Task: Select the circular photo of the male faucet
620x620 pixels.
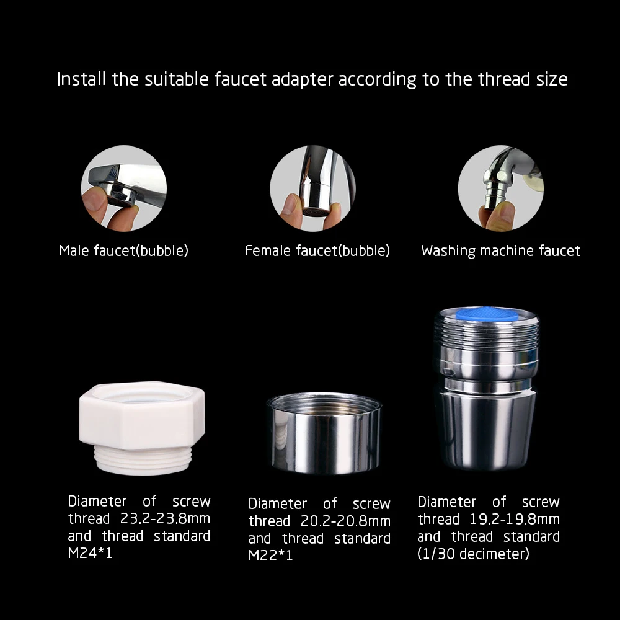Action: click(x=124, y=188)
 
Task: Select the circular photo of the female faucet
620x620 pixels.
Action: click(x=312, y=188)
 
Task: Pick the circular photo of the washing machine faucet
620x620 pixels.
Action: click(x=500, y=188)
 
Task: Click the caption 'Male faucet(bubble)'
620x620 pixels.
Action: click(x=123, y=251)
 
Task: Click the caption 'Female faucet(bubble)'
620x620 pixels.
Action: click(x=317, y=251)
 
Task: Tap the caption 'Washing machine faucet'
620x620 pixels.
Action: click(x=500, y=251)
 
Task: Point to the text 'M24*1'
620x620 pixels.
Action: click(x=90, y=553)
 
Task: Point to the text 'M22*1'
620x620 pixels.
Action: click(x=270, y=556)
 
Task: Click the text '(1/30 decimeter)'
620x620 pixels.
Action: click(x=474, y=554)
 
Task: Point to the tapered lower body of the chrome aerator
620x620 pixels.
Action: click(x=488, y=431)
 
